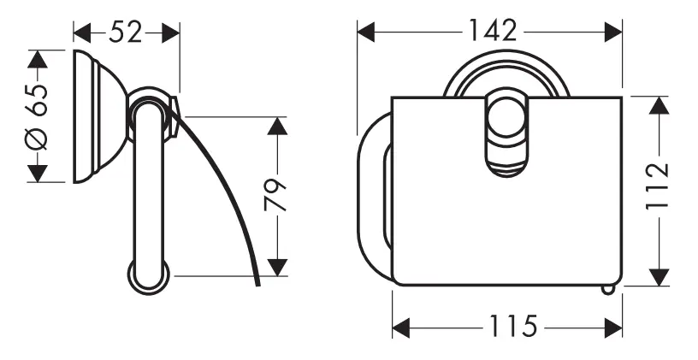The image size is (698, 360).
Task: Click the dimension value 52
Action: click(x=126, y=32)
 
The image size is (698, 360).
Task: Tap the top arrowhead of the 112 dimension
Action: click(x=658, y=105)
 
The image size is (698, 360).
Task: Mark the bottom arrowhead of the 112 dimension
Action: click(x=658, y=276)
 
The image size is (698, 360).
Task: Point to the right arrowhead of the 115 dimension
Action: click(x=612, y=328)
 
